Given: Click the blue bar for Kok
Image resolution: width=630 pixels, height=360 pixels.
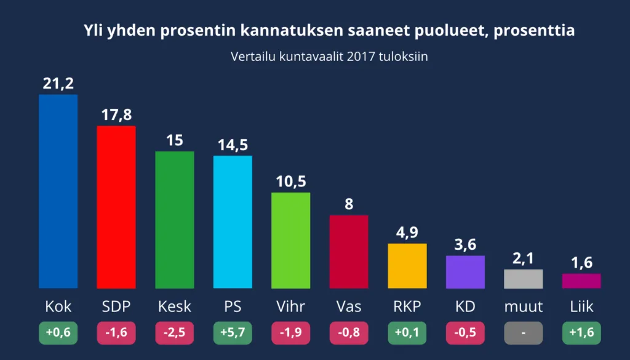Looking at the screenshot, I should point(58,191).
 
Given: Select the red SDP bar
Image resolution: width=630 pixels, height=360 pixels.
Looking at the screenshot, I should point(116,207).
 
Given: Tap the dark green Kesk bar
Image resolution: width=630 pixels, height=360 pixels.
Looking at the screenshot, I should point(175,220).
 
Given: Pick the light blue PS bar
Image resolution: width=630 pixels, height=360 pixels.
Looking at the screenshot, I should point(233,222).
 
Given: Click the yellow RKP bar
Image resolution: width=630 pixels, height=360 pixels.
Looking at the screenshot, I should point(407,266).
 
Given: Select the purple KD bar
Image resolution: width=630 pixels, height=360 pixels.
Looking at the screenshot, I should point(465,272).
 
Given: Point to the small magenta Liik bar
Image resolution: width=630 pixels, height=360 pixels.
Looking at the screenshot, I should point(581,281).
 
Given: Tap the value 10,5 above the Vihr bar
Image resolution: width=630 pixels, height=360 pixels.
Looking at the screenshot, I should point(290,182).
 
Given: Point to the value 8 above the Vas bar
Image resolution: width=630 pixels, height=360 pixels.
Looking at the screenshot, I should point(349,204).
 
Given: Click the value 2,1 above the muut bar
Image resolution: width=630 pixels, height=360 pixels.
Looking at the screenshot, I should point(523,258).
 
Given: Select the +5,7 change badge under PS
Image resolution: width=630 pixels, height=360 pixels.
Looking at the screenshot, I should point(233,333).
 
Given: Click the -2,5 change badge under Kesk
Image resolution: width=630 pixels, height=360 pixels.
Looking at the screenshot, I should point(175,333).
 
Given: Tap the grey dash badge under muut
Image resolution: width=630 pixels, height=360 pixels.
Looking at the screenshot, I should point(523,333).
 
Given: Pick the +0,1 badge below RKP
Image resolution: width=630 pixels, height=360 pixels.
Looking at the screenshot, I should point(407,333).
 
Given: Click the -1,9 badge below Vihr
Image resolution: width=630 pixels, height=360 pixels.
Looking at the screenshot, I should point(290,333).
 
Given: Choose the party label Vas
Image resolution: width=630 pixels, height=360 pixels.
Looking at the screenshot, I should point(349,306).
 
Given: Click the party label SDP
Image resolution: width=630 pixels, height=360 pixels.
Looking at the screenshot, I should point(116,306).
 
